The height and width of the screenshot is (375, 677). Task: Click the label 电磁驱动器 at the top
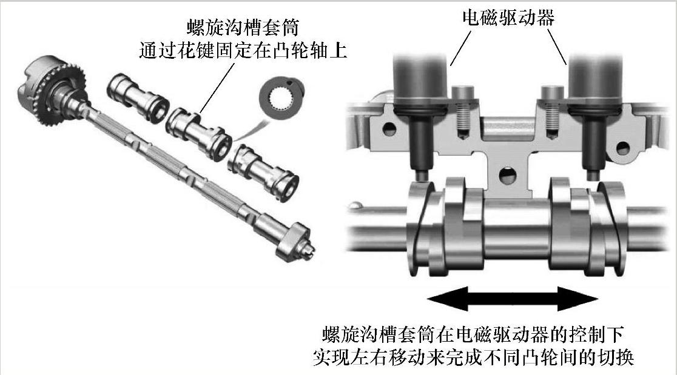pos(508,18)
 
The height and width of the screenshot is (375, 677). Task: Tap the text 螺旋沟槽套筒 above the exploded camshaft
pos(243,28)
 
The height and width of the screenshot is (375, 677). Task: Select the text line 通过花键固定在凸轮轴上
pos(243,51)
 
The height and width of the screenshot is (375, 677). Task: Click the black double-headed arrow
pos(513,298)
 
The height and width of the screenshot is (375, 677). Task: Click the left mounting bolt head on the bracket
pos(463,93)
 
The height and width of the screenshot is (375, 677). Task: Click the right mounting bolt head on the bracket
pos(553,93)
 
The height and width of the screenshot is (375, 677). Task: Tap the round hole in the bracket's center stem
pos(507,176)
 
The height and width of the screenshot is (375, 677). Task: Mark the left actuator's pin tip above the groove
pos(422,176)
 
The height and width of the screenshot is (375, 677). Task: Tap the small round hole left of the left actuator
pos(389,129)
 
